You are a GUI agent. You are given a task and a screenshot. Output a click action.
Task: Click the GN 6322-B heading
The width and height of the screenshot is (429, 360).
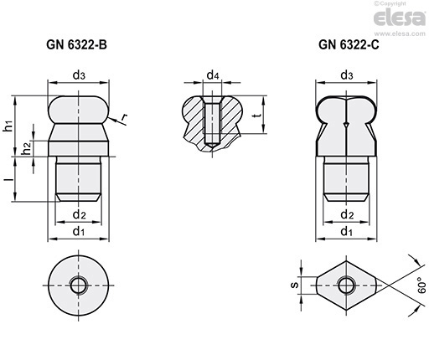click(76, 44)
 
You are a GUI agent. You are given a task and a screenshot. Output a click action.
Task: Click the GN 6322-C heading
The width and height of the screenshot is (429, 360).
click(349, 44)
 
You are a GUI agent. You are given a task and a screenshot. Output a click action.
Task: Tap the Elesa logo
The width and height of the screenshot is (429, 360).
click(400, 18)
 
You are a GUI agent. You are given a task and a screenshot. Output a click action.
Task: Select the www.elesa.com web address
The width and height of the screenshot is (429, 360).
click(400, 33)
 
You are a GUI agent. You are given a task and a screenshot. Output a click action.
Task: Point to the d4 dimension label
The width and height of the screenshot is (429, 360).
click(213, 75)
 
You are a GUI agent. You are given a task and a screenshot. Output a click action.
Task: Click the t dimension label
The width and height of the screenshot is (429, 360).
click(258, 115)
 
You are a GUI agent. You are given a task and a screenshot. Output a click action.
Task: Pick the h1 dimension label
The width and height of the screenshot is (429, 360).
click(8, 126)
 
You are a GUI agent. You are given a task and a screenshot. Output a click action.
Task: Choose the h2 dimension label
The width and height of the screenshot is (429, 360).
click(26, 148)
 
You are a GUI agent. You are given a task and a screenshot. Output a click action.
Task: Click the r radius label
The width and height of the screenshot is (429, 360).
click(124, 118)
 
